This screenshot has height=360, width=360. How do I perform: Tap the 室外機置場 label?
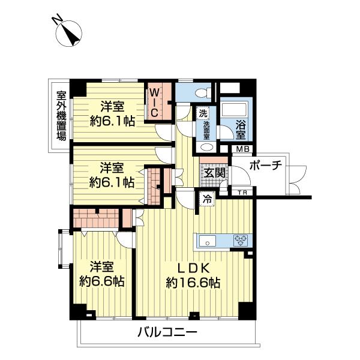61,115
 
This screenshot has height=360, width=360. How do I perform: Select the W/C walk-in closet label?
154,102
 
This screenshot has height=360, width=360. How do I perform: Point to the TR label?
242,192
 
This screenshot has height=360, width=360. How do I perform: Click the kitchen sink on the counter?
206,241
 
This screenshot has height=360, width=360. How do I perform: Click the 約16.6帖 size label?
193,282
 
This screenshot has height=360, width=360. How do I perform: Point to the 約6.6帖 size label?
102,281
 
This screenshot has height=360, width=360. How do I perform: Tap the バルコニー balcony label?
167,332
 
